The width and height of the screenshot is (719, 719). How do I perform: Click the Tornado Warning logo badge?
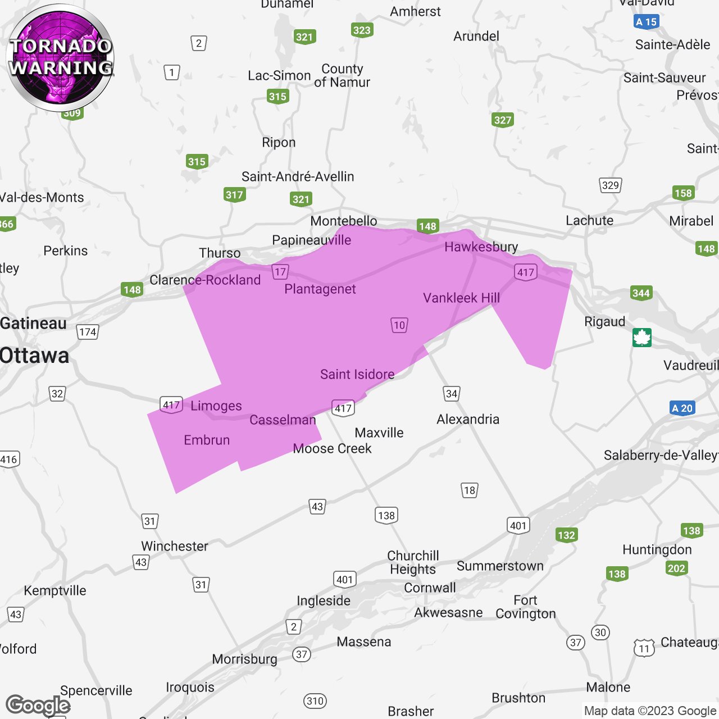pyautogui.click(x=61, y=57)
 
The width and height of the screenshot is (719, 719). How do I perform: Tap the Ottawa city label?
pyautogui.click(x=35, y=356)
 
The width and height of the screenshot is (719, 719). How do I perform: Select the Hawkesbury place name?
pyautogui.click(x=481, y=247)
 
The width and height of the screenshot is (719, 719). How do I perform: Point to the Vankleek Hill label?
pyautogui.click(x=461, y=298)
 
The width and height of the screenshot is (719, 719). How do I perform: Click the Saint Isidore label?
pyautogui.click(x=357, y=374)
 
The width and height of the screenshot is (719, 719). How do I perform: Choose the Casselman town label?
pyautogui.click(x=283, y=420)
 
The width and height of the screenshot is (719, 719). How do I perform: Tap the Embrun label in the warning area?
pyautogui.click(x=207, y=440)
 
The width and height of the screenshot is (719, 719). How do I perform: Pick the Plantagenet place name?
pyautogui.click(x=320, y=289)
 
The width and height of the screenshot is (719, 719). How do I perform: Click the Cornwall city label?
pyautogui.click(x=430, y=588)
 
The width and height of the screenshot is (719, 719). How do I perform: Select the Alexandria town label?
pyautogui.click(x=468, y=419)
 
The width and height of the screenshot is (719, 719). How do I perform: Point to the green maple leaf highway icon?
pyautogui.click(x=641, y=338)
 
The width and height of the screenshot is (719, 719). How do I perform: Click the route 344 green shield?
pyautogui.click(x=641, y=293)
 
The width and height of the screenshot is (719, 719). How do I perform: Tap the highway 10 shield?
pyautogui.click(x=399, y=325)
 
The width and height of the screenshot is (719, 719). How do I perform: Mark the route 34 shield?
pyautogui.click(x=451, y=393)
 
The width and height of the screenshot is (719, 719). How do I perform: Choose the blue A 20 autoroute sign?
pyautogui.click(x=682, y=408)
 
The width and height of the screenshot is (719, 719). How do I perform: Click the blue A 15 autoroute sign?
pyautogui.click(x=646, y=22)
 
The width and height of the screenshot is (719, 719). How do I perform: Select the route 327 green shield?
pyautogui.click(x=503, y=120)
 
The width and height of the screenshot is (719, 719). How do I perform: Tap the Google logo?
pyautogui.click(x=38, y=705)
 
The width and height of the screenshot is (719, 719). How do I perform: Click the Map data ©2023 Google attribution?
pyautogui.click(x=650, y=711)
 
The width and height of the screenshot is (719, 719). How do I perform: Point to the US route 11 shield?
pyautogui.click(x=644, y=648)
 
